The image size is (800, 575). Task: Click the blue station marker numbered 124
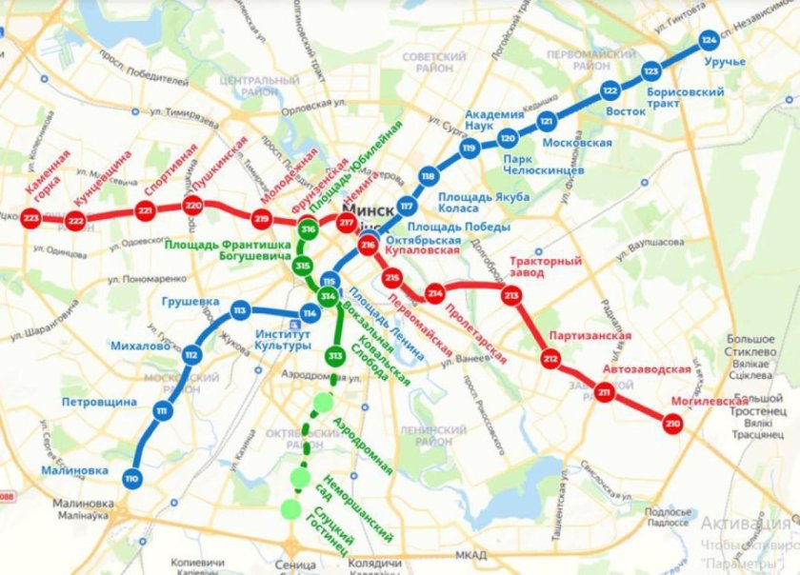click(708, 41)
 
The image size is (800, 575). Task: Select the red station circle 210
click(673, 424)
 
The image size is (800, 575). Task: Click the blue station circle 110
click(132, 478)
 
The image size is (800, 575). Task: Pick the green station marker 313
click(334, 356)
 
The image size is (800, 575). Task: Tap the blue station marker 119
click(469, 149)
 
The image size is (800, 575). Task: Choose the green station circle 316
click(307, 229)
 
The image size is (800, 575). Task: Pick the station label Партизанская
click(589, 336)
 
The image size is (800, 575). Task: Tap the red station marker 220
click(193, 205)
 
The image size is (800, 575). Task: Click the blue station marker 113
click(240, 311)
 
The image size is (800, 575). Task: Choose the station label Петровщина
click(100, 402)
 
